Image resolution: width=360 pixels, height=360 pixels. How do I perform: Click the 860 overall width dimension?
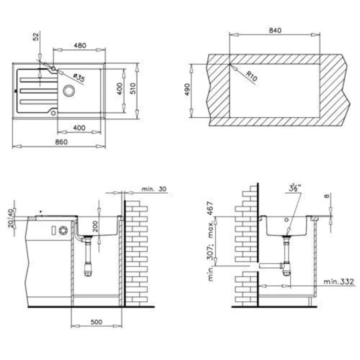point(61,142)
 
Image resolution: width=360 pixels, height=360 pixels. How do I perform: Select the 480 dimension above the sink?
point(80,45)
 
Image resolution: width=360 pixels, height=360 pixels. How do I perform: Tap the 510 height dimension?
point(133,88)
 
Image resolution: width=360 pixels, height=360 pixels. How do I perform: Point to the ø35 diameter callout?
point(79,78)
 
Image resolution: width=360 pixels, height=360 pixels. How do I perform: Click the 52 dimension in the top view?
point(36,36)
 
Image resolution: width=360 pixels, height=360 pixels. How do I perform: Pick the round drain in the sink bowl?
point(69,90)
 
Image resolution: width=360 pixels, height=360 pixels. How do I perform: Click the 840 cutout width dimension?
point(275,30)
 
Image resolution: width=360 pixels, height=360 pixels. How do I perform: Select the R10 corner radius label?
point(251,76)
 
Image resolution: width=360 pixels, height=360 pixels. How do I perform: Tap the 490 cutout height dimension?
point(187,89)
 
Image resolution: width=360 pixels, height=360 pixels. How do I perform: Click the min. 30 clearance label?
point(154,189)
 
